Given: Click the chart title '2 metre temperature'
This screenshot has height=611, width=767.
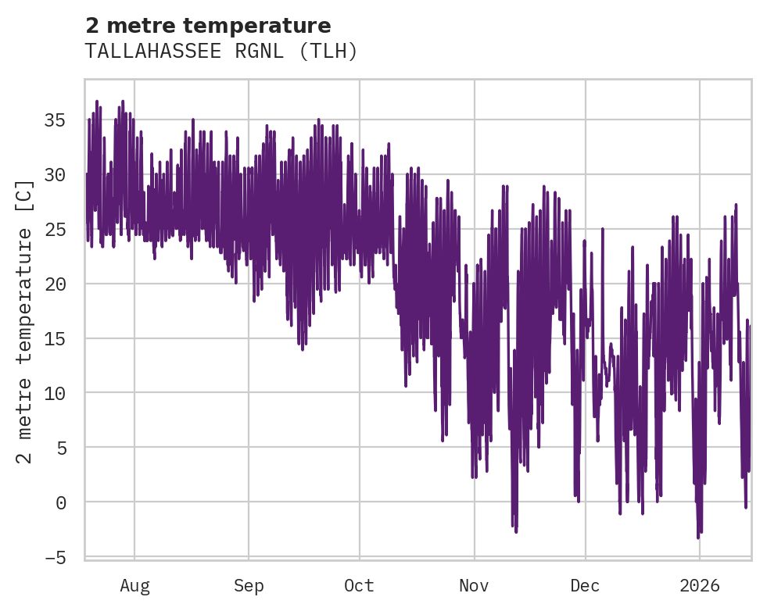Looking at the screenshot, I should coord(208,26).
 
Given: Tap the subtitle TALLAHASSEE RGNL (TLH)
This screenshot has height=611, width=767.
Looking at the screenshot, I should coord(221,52).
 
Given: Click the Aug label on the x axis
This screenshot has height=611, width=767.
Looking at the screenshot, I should coord(134,585).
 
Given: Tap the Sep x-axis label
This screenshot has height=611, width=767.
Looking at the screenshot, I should coord(249,585).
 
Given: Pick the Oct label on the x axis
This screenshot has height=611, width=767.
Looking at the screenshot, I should coord(359,585).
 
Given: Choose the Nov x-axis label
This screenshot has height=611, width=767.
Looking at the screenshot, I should coord(474,585).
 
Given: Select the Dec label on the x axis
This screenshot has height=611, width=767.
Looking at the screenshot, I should coord(585,585).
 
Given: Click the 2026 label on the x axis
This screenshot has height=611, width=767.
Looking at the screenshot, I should coord(699,585).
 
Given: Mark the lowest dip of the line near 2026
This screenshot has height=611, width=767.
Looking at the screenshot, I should coord(698,538).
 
